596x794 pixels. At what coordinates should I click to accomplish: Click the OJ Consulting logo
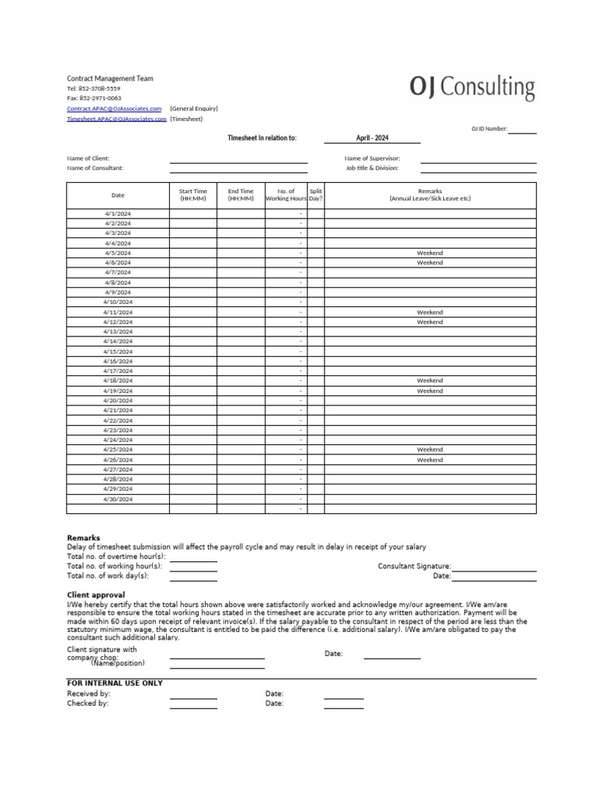tap(472, 88)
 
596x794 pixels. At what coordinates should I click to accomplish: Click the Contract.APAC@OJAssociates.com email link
tap(114, 109)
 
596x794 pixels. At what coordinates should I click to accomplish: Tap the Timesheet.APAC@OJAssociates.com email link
tap(116, 119)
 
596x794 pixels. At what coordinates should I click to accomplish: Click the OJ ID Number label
tap(489, 129)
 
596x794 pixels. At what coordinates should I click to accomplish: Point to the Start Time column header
tap(193, 195)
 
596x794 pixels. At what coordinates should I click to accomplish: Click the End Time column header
tap(241, 195)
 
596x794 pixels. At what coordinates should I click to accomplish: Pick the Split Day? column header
tap(316, 195)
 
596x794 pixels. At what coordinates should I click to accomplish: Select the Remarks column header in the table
tap(430, 195)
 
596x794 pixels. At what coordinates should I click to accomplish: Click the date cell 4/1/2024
tap(118, 213)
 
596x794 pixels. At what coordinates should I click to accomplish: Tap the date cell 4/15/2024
tap(118, 351)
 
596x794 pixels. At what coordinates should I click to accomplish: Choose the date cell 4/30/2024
tap(118, 499)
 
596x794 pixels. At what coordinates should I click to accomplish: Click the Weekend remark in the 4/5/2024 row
tap(430, 253)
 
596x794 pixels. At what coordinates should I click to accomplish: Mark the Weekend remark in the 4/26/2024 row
tap(430, 460)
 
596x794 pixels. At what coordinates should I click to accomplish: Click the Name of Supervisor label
tap(372, 158)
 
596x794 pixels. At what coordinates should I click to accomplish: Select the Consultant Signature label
tap(414, 567)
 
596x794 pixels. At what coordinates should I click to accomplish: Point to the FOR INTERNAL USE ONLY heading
tap(115, 683)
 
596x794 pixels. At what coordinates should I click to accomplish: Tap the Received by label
tap(88, 693)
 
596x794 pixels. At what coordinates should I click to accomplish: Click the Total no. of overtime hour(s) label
tap(116, 557)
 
